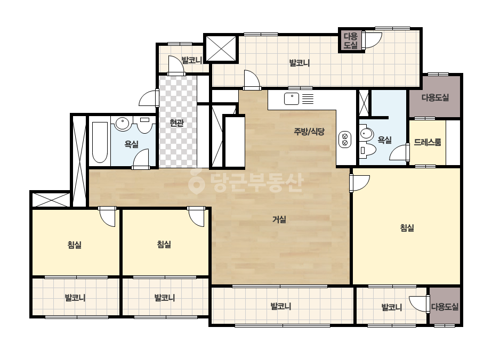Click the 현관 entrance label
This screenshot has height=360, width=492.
(x=176, y=123)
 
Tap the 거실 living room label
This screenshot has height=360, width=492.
(x=279, y=219)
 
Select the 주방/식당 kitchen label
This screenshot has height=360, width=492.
(x=309, y=132)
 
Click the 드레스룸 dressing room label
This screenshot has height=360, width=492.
(x=428, y=142)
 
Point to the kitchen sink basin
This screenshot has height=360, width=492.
(x=292, y=99)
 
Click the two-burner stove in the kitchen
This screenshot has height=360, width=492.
(x=344, y=140)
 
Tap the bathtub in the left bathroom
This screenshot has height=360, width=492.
(x=100, y=142)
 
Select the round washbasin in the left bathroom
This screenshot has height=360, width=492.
(x=122, y=124)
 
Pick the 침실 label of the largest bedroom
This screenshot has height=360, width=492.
(x=407, y=228)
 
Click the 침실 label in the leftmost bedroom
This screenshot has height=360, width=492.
(x=75, y=244)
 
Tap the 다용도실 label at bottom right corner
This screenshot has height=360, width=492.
(x=445, y=307)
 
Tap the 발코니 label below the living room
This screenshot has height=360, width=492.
(x=281, y=306)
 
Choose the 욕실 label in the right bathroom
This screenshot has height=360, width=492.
(x=384, y=140)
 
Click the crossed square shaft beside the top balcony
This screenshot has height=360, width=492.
(x=221, y=48)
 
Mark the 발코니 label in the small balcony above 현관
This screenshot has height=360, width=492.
(x=192, y=60)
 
